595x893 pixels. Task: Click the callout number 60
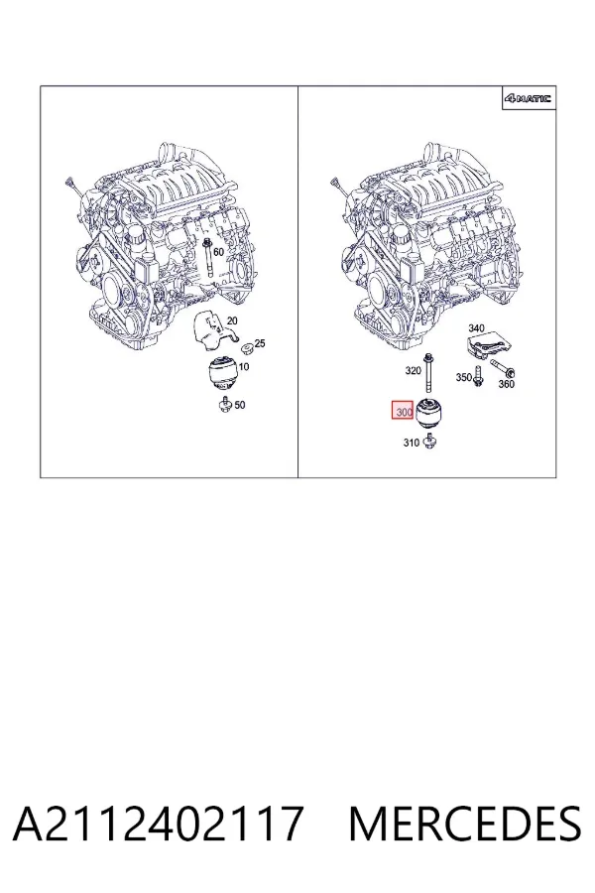pos(218,252)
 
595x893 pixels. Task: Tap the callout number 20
pos(232,320)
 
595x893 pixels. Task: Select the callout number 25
pos(260,343)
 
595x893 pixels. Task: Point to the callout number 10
pos(244,366)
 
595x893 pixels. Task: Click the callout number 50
pos(240,405)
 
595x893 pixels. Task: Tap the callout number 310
pos(412,443)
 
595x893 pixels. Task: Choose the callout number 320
pos(413,371)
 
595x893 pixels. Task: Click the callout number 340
pos(477,328)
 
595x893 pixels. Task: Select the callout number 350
pos(464,377)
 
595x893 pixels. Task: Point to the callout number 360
pos(506,384)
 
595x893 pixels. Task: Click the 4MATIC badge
pos(528,98)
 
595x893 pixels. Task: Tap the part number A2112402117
pos(158,824)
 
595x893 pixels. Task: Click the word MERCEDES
pos(465,824)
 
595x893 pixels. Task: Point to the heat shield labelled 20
pos(214,329)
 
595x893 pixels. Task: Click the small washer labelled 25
pos(247,347)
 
